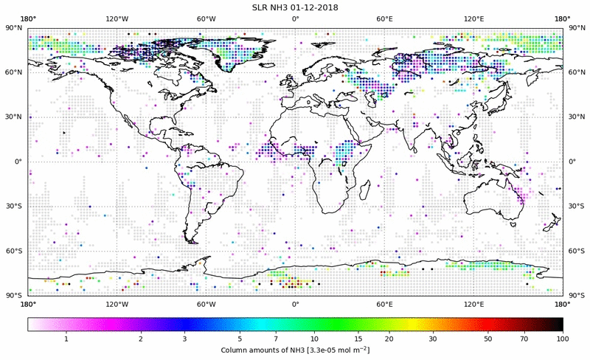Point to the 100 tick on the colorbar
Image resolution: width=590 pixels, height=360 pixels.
562,338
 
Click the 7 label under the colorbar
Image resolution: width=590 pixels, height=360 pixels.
275,338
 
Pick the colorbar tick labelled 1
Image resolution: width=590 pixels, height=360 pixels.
66,338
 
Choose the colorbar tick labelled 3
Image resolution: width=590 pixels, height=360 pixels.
185,338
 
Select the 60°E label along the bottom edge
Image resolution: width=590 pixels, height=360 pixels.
384,303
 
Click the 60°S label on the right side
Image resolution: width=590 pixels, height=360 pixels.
575,251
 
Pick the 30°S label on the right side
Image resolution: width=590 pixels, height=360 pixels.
575,206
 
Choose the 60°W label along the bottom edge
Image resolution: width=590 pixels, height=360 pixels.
206,303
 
